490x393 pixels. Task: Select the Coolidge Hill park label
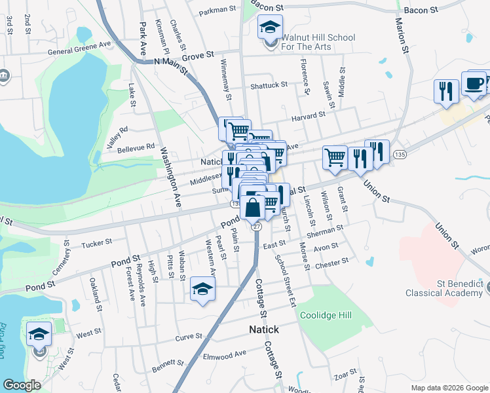326,315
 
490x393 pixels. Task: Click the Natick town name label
263,329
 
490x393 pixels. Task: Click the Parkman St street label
217,10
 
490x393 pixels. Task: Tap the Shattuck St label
269,84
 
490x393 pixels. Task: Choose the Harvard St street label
309,115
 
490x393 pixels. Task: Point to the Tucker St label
97,244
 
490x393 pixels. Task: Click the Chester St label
332,263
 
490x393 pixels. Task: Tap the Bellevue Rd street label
136,149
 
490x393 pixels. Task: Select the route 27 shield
257,226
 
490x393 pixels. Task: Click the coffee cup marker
474,83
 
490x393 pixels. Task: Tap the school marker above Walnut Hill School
269,28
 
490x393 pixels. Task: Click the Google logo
22,386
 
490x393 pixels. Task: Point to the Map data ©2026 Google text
449,388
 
